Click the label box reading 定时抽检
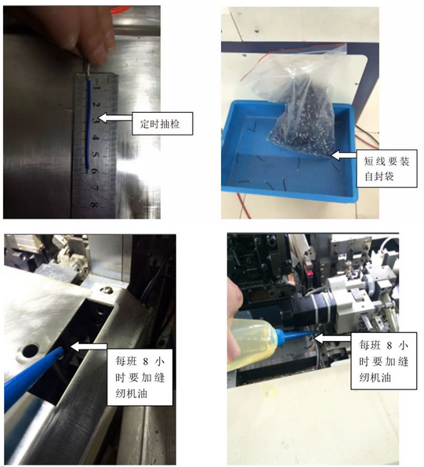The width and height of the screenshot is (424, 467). [162, 123]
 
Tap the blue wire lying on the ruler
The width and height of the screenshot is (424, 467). [89, 123]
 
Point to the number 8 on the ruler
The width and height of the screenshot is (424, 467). [93, 205]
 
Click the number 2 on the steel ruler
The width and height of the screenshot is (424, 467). [96, 104]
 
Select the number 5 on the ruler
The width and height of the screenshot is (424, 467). [95, 154]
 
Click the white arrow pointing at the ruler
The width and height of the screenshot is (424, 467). [114, 118]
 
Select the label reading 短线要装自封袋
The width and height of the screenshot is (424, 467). [386, 168]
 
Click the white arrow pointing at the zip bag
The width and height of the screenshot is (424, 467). [343, 155]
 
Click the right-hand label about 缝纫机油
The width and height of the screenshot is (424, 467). [383, 361]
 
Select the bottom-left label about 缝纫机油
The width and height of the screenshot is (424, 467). [140, 377]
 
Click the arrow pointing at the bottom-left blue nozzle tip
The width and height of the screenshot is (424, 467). [89, 346]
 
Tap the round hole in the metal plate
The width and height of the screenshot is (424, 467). [31, 351]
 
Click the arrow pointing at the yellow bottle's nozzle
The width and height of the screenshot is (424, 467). [333, 338]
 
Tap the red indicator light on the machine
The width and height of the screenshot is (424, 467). [310, 273]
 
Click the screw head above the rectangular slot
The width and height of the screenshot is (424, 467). [106, 290]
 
